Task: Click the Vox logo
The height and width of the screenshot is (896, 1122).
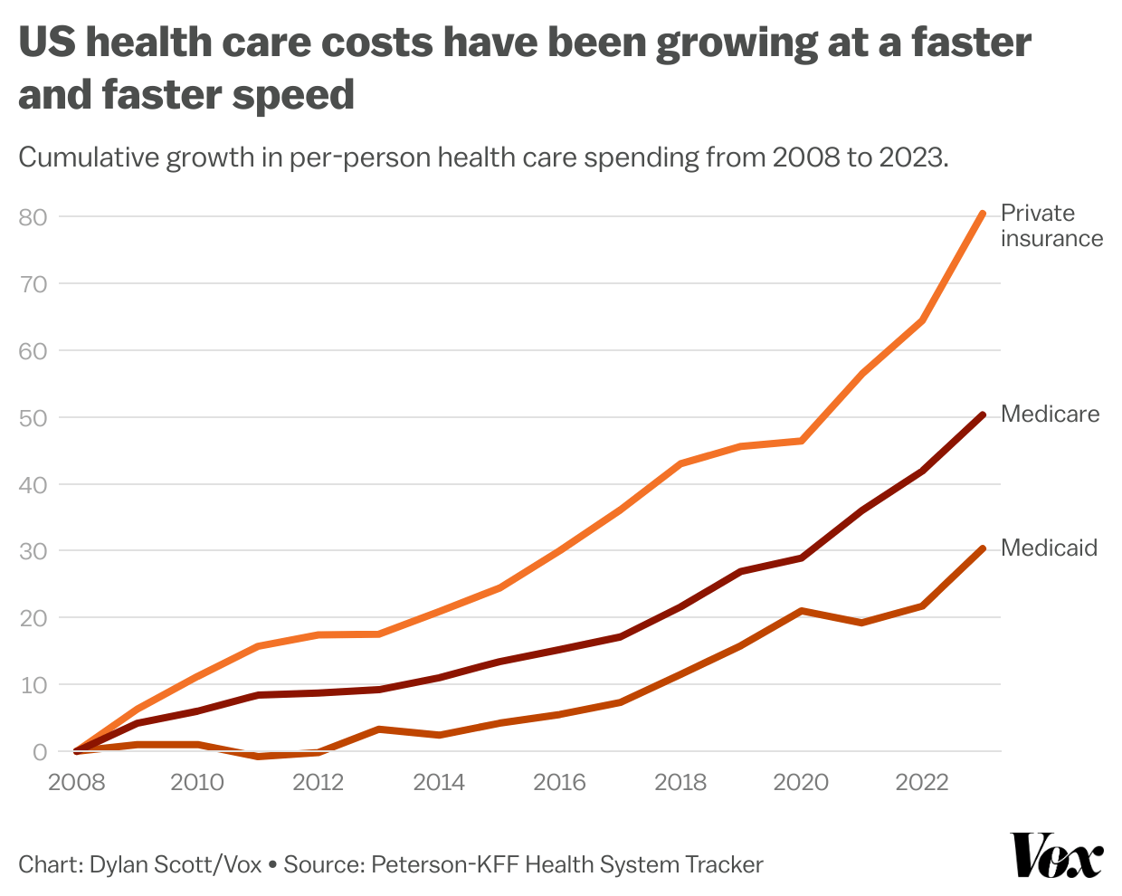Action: click(x=1057, y=855)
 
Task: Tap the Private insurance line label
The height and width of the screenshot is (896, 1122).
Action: click(x=1051, y=225)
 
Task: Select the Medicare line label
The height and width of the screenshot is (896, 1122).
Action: click(x=1050, y=415)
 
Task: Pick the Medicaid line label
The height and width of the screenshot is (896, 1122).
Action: click(x=1049, y=548)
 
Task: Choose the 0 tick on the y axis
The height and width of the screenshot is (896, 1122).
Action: click(x=39, y=752)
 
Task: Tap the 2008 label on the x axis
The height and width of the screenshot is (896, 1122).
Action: click(x=77, y=783)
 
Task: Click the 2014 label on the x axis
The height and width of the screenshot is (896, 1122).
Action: click(x=439, y=783)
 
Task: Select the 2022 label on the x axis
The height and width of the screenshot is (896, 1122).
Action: click(x=922, y=783)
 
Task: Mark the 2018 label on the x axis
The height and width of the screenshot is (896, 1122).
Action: click(x=680, y=783)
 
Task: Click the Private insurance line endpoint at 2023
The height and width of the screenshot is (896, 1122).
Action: click(x=983, y=214)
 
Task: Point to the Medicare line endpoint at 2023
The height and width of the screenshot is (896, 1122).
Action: click(x=983, y=415)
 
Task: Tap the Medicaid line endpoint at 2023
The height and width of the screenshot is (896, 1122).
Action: click(x=983, y=548)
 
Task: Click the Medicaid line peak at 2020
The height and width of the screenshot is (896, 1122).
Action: click(x=801, y=611)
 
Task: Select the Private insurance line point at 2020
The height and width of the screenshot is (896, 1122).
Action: click(x=801, y=441)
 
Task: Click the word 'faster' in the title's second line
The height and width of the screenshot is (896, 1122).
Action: click(x=161, y=95)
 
